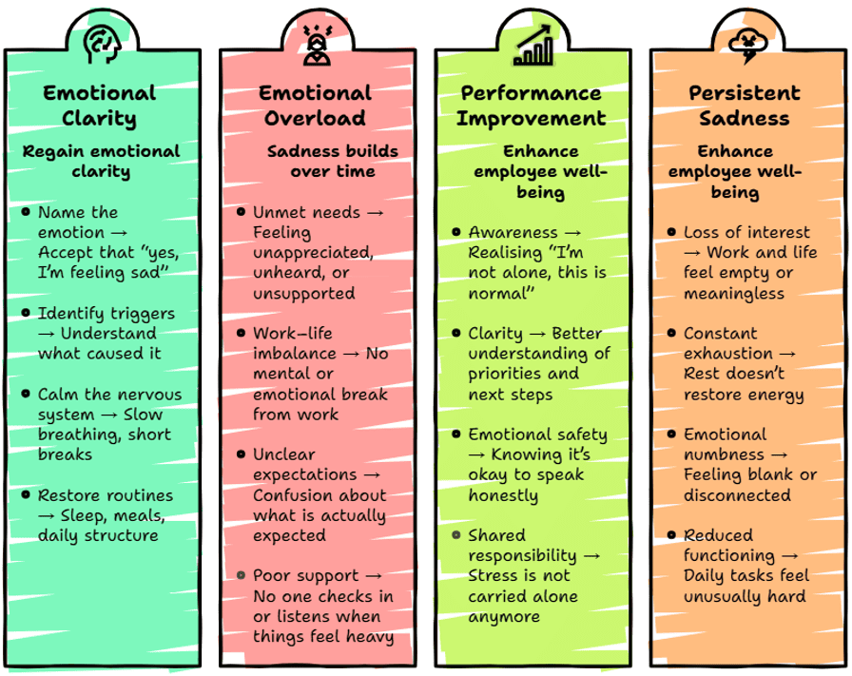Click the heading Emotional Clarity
[100, 106]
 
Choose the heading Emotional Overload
[315, 106]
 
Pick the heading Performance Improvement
[531, 106]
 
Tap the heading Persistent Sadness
[745, 106]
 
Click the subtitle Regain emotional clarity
[101, 162]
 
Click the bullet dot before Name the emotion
[26, 212]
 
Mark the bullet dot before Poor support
[242, 575]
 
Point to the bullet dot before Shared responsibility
[456, 535]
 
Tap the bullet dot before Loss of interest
[671, 232]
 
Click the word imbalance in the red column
[296, 354]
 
